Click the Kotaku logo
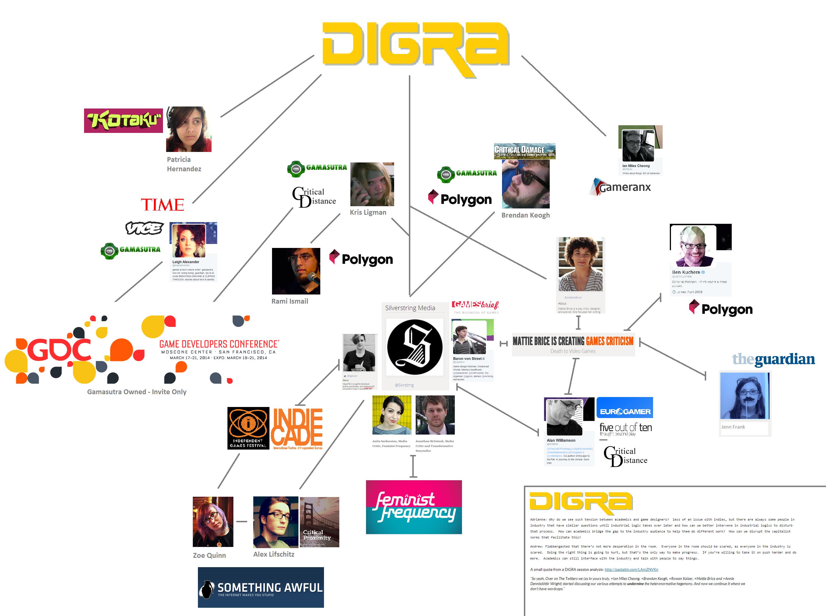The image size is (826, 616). (124, 120)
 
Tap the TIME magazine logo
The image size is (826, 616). (162, 205)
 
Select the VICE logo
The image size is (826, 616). (144, 228)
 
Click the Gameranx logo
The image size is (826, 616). (621, 187)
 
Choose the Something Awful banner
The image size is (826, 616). (261, 587)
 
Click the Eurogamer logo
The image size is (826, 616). (625, 408)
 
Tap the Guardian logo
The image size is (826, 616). (773, 359)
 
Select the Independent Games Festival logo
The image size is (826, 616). (248, 428)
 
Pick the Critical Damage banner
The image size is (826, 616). (524, 151)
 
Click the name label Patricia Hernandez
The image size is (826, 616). (184, 164)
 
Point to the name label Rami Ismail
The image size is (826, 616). (290, 301)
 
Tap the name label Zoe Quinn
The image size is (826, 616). (209, 555)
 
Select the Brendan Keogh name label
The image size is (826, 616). (525, 215)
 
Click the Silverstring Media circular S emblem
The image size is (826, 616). (415, 347)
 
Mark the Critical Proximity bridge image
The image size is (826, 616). (319, 522)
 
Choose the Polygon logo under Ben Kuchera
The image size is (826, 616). (721, 309)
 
